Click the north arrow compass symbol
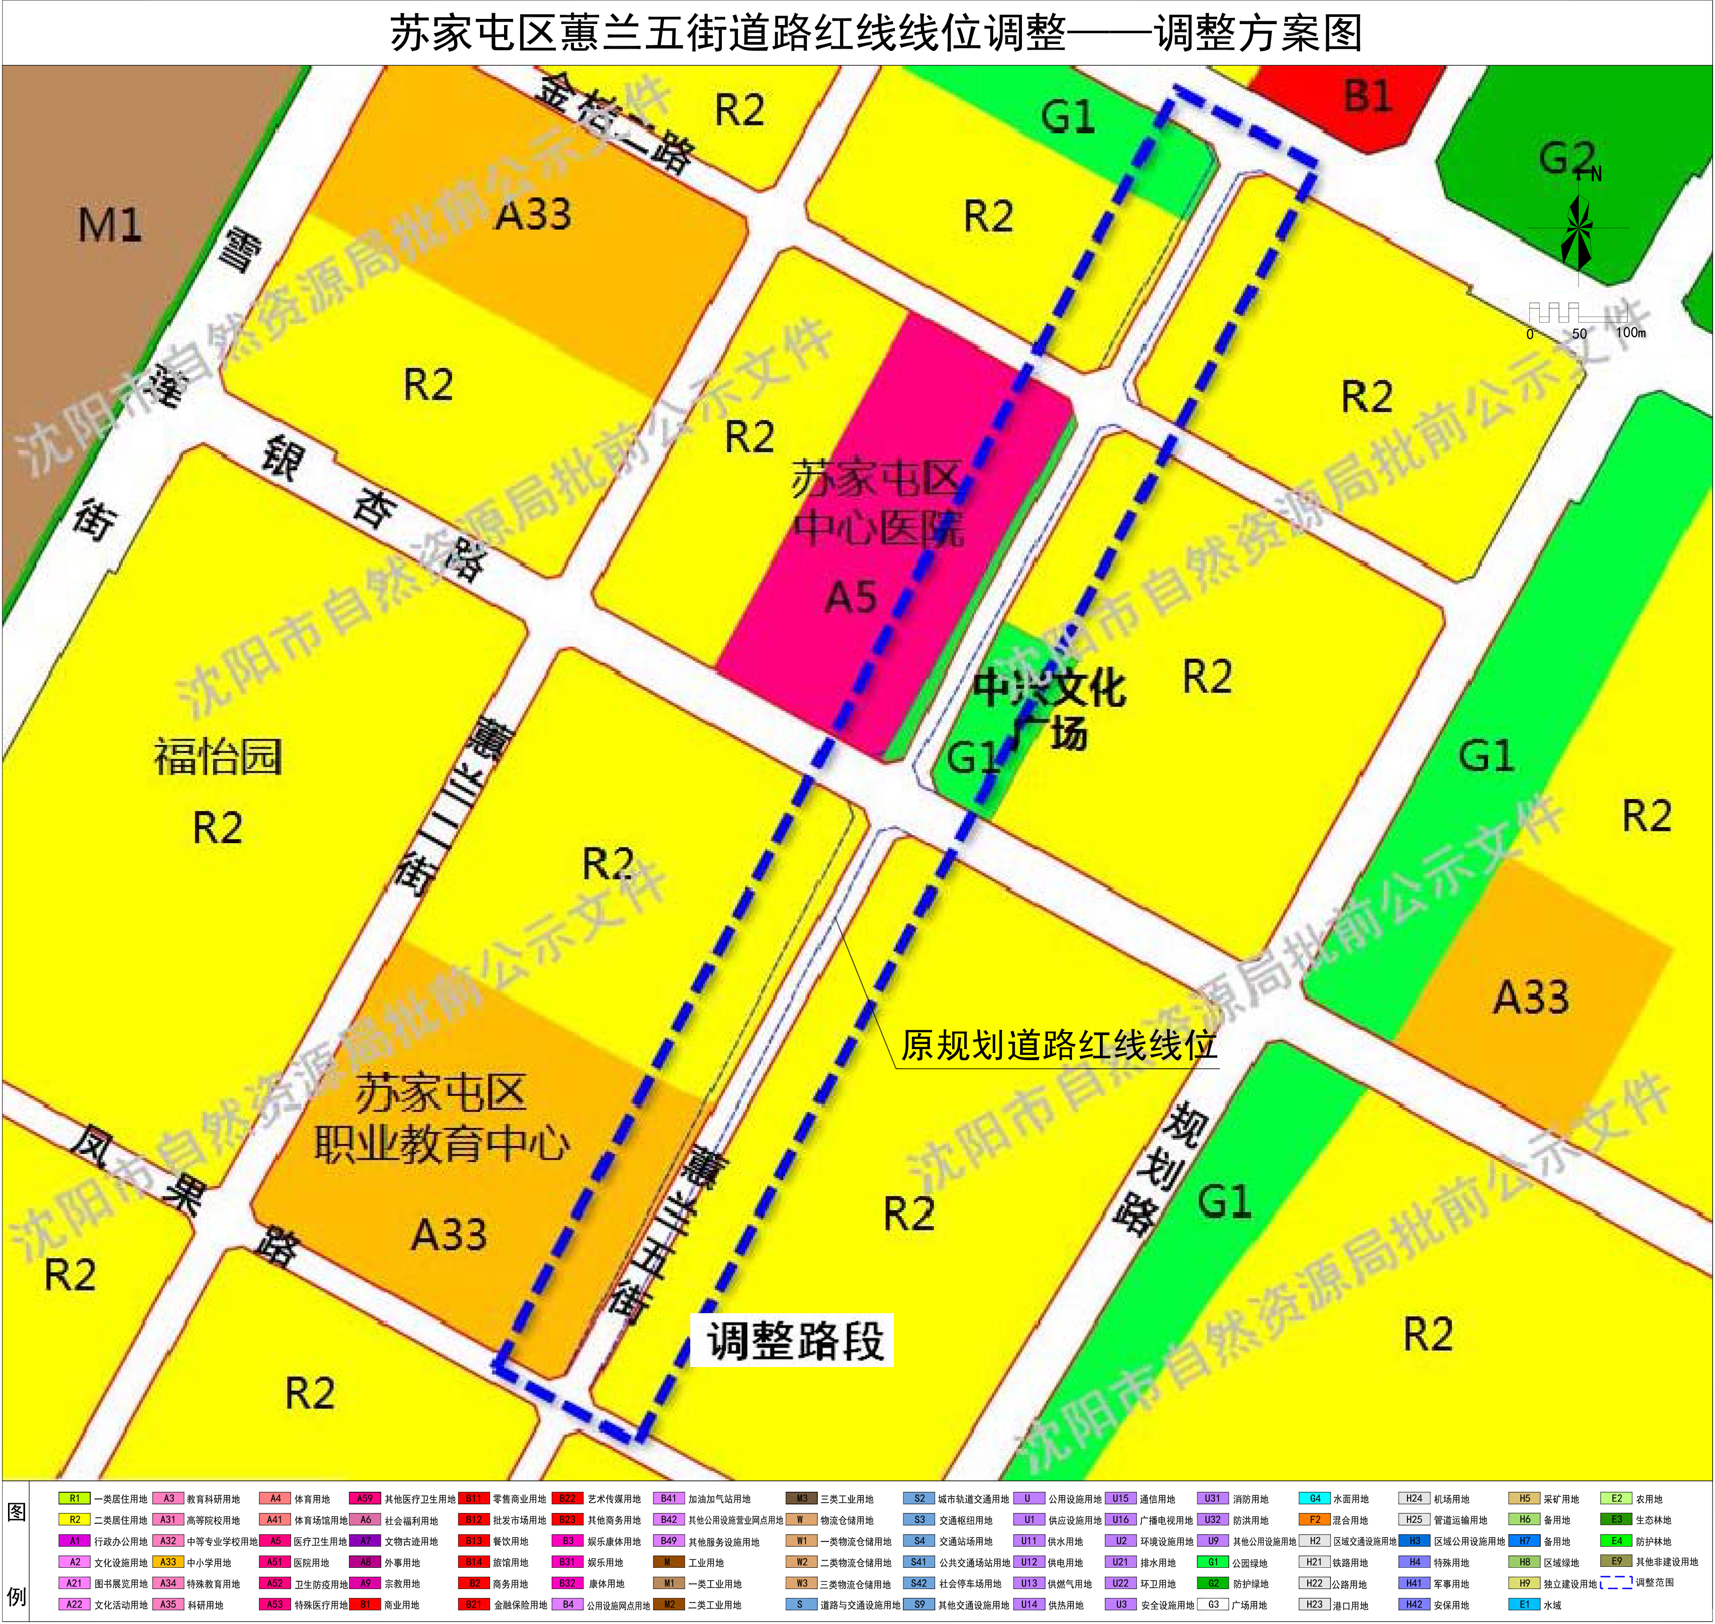1578,230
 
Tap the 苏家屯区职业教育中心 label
442,1119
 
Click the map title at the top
875,34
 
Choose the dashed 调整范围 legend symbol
1615,1582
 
